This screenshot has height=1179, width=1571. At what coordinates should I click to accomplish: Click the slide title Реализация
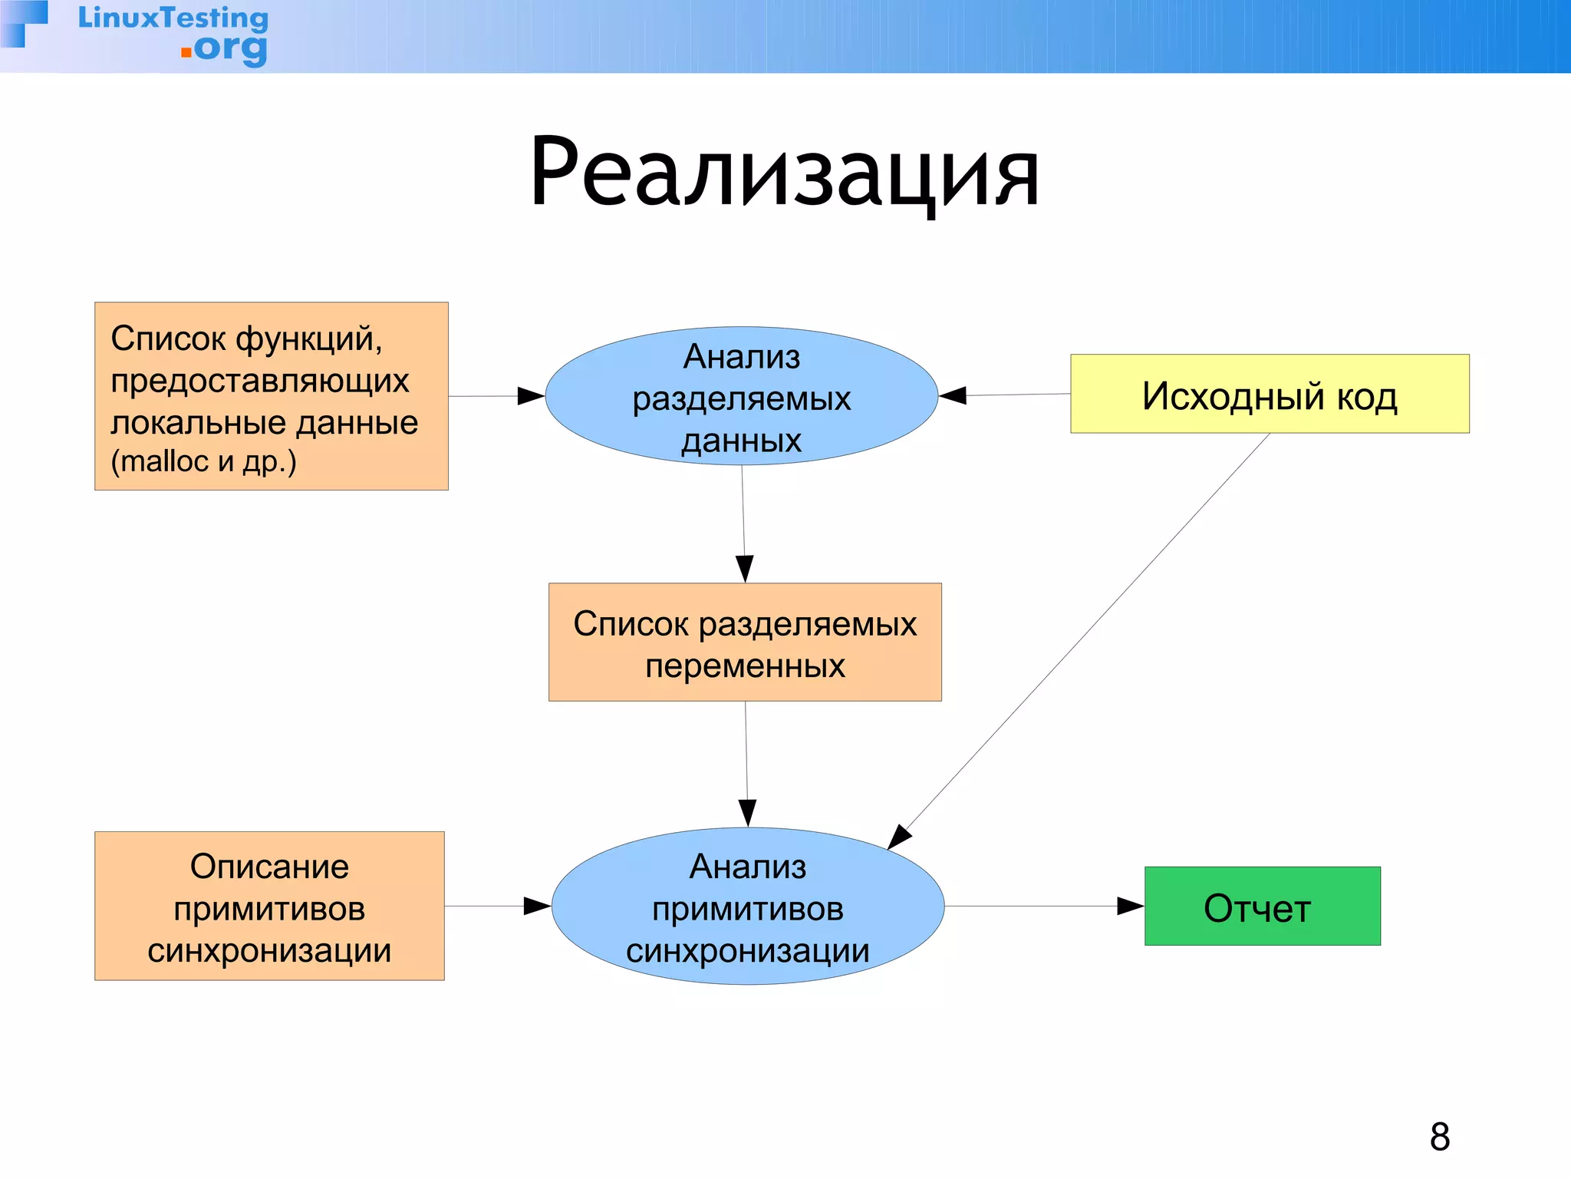click(x=784, y=173)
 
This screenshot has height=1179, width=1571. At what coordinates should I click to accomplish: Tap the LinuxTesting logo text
click(x=173, y=18)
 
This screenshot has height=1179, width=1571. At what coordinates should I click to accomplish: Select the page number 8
click(x=1440, y=1137)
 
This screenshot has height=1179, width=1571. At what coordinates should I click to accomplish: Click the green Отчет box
click(x=1262, y=907)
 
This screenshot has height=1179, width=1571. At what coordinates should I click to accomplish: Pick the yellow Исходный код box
click(x=1270, y=395)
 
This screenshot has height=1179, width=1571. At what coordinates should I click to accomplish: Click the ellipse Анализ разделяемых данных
click(x=741, y=397)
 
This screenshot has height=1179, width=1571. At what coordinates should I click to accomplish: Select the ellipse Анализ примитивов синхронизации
click(x=747, y=907)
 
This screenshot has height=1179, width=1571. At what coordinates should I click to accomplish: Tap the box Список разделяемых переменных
click(x=745, y=642)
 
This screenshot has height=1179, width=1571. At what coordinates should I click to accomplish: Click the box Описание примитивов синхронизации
click(x=269, y=907)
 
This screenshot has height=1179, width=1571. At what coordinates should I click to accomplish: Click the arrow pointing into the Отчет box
click(x=1043, y=907)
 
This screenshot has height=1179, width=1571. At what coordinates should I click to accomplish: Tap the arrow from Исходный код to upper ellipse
click(x=1005, y=395)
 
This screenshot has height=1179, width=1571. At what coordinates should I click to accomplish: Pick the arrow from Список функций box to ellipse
click(x=496, y=396)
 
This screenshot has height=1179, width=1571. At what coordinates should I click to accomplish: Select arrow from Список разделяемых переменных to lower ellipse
click(x=746, y=764)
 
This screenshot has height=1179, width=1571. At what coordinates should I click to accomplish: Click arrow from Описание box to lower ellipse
click(x=497, y=907)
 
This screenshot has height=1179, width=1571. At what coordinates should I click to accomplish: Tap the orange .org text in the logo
click(x=226, y=50)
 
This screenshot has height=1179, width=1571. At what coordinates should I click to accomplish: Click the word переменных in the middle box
click(x=745, y=665)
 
